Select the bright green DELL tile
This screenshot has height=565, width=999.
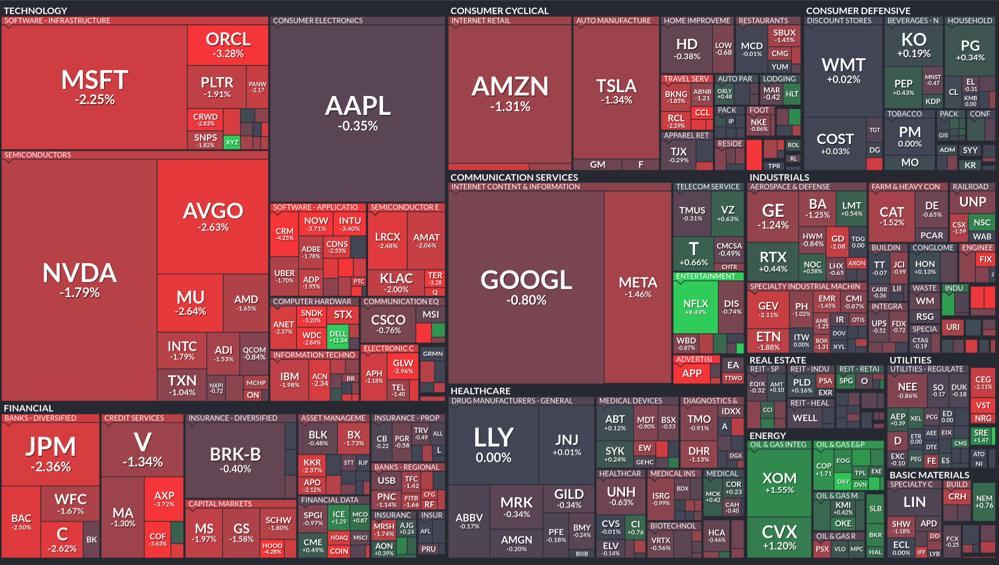pyautogui.click(x=338, y=336)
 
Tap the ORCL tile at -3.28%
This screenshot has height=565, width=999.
pyautogui.click(x=228, y=45)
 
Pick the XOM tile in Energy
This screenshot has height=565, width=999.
pyautogui.click(x=779, y=482)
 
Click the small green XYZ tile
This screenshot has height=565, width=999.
pyautogui.click(x=232, y=142)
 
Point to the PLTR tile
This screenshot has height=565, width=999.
pyautogui.click(x=217, y=86)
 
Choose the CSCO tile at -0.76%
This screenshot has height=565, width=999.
pyautogui.click(x=388, y=323)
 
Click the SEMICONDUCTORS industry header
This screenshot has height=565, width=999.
pyautogui.click(x=38, y=155)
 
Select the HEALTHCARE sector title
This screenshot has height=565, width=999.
pyautogui.click(x=480, y=391)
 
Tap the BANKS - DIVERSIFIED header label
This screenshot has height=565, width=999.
pyautogui.click(x=40, y=418)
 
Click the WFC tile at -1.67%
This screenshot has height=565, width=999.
pyautogui.click(x=70, y=503)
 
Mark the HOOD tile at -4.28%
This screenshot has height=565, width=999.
pyautogui.click(x=272, y=548)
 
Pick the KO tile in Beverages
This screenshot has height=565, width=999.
pyautogui.click(x=913, y=44)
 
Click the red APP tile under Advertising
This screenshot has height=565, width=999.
pyautogui.click(x=692, y=373)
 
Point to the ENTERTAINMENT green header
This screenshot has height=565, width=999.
pyautogui.click(x=705, y=276)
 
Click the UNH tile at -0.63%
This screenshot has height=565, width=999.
pyautogui.click(x=621, y=495)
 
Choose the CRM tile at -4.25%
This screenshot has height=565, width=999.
pyautogui.click(x=285, y=234)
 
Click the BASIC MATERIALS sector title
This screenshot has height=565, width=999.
pyautogui.click(x=929, y=475)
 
